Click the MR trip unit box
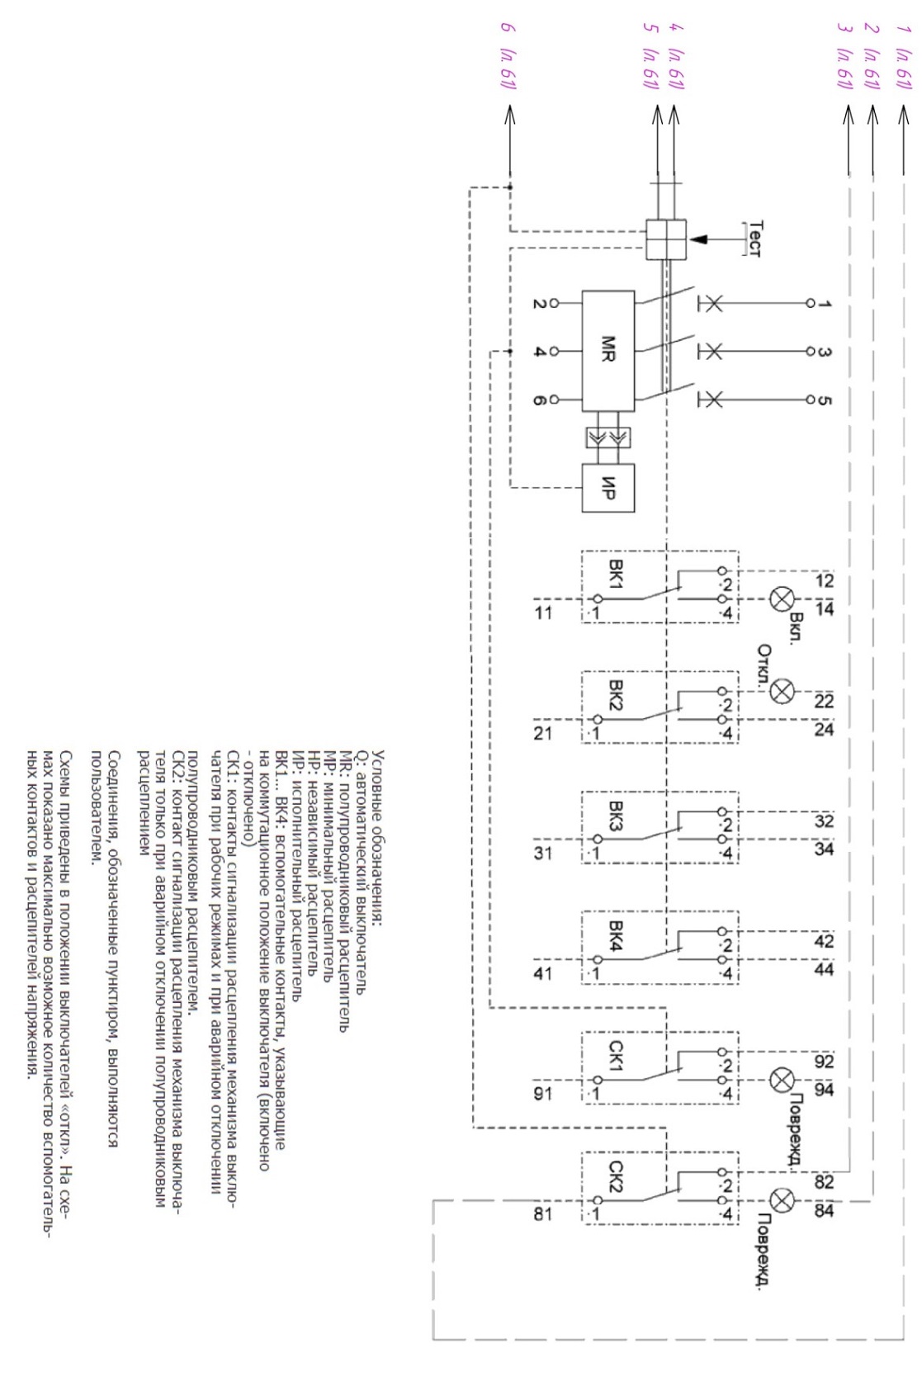click(x=608, y=351)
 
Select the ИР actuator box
click(x=608, y=489)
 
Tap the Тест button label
click(x=755, y=239)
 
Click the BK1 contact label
click(x=617, y=574)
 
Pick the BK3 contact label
click(x=617, y=815)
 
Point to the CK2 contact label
click(x=617, y=1177)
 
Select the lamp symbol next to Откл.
click(x=783, y=691)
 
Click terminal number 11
click(x=543, y=612)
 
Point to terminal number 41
click(x=543, y=973)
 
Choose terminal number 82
click(x=824, y=1181)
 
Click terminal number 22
click(x=824, y=701)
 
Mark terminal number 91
click(x=543, y=1094)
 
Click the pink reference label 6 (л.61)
click(x=508, y=56)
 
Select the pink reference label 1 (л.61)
click(x=904, y=56)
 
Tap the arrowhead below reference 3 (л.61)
click(x=849, y=115)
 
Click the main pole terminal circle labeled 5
click(x=811, y=400)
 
